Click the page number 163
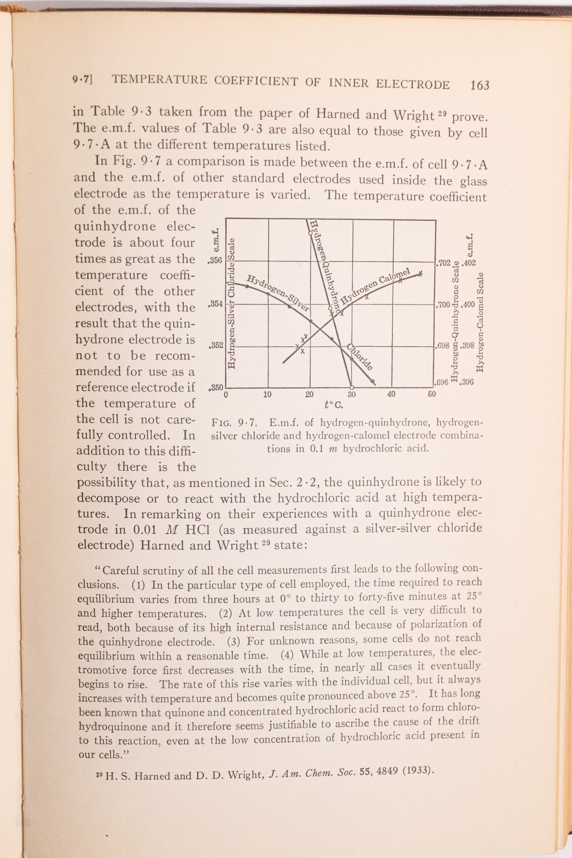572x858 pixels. click(x=479, y=85)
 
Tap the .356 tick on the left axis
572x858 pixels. click(x=215, y=260)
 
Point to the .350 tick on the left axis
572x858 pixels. click(x=215, y=388)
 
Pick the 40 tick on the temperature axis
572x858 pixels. click(x=391, y=394)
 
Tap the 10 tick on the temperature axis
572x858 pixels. click(x=267, y=394)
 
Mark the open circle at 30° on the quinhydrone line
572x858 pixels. click(x=352, y=387)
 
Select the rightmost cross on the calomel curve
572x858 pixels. click(x=421, y=273)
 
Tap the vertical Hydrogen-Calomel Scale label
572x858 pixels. click(x=481, y=322)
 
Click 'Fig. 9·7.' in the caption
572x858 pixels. click(x=234, y=423)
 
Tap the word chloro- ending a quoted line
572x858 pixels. click(x=463, y=707)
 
